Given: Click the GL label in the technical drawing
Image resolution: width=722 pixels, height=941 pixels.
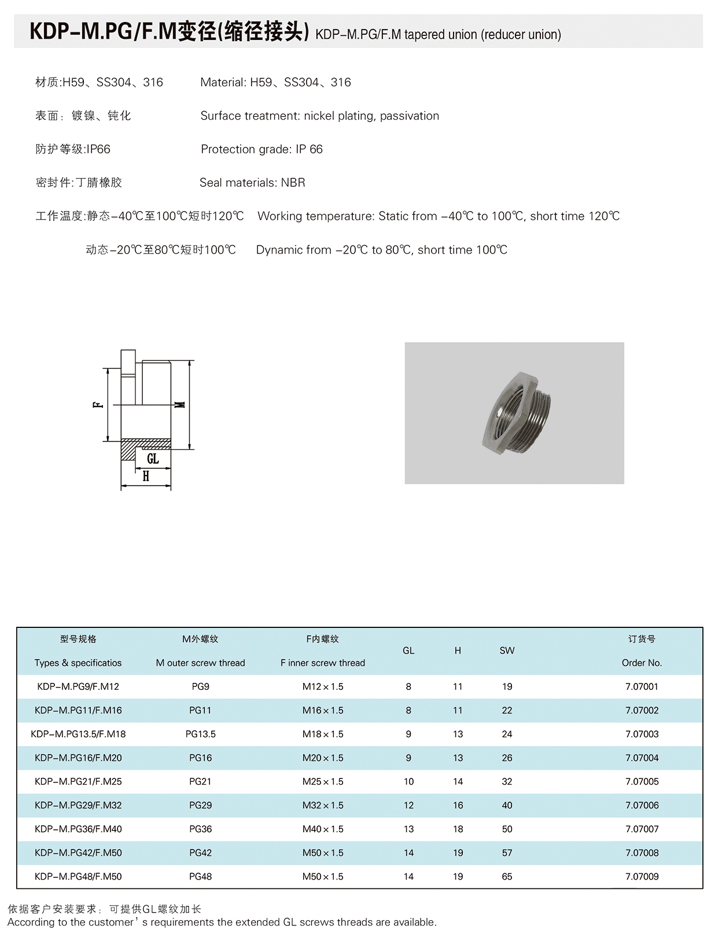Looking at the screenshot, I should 153,459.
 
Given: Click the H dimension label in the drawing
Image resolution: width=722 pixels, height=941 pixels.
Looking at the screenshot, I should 146,476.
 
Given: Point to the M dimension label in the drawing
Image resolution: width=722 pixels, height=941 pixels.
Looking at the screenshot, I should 181,404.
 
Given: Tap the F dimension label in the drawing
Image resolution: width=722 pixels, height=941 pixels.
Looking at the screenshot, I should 98,404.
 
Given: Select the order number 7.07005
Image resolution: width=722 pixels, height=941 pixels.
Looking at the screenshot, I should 642,781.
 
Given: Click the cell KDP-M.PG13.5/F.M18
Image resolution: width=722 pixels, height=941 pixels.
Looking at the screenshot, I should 78,734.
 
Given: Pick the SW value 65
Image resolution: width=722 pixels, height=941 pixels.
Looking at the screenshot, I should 507,876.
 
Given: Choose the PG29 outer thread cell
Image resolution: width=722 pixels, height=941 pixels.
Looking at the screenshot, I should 200,805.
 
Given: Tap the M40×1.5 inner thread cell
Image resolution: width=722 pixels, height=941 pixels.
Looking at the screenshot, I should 323,829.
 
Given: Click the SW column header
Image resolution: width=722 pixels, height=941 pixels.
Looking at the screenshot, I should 507,650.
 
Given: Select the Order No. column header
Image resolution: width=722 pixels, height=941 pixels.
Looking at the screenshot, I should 642,663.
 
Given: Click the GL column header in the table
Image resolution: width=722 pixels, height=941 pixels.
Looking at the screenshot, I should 408,650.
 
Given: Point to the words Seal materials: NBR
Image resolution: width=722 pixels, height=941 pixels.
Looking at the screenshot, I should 252,183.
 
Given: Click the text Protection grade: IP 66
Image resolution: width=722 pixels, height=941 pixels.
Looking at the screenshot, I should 261,149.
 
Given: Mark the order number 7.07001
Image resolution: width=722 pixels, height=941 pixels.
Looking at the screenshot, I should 642,686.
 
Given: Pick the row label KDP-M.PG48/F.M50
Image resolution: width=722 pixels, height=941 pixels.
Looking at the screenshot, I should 78,876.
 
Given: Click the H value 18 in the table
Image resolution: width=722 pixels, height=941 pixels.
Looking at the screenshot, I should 458,829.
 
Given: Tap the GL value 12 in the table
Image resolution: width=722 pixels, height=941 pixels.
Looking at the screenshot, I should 408,805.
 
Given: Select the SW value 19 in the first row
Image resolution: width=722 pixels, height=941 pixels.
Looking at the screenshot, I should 507,686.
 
